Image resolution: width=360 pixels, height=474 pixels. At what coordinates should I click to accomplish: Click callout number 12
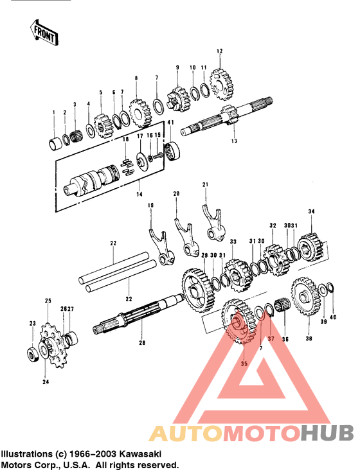click(219, 51)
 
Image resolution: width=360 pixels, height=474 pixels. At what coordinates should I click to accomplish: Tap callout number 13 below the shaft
click(234, 141)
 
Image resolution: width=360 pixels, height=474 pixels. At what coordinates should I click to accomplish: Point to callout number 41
click(170, 123)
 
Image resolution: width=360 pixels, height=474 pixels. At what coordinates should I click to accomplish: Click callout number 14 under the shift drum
click(140, 193)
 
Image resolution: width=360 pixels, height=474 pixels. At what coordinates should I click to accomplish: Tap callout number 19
click(150, 206)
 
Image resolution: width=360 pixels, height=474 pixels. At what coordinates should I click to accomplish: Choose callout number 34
click(312, 211)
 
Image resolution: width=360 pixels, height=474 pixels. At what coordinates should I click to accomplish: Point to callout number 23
click(32, 323)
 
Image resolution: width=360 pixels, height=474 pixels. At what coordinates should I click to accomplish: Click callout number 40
click(333, 317)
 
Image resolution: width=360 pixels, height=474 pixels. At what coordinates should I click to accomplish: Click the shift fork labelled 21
click(211, 222)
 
